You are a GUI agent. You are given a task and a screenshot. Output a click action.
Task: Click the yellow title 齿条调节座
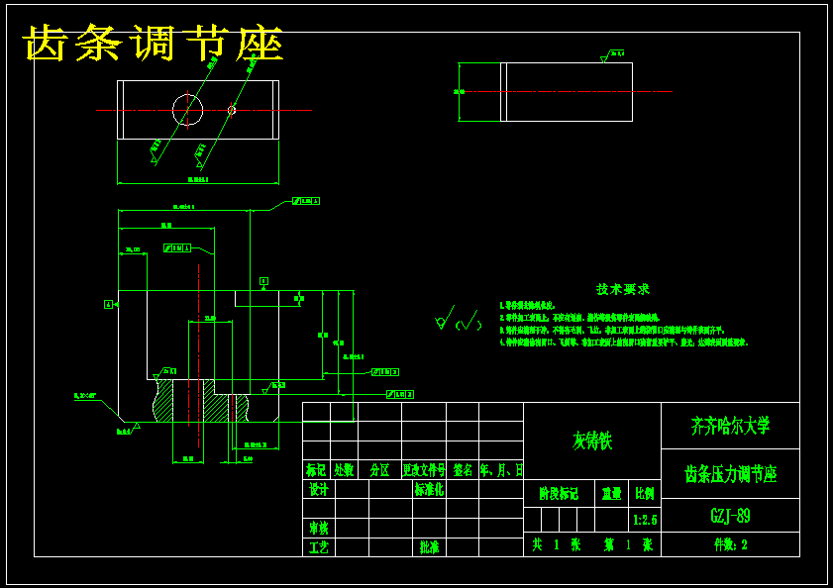tap(154, 44)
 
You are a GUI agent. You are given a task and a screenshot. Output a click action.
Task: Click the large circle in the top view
tap(187, 110)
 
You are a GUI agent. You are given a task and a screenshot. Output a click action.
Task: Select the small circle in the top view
tap(232, 110)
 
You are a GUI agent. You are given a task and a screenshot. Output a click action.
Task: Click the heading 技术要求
tap(622, 289)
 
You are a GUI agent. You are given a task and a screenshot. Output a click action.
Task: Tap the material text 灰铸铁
tap(592, 441)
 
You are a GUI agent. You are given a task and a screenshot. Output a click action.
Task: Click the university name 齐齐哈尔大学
tap(730, 426)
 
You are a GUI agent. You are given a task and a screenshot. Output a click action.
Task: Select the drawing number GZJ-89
tap(730, 516)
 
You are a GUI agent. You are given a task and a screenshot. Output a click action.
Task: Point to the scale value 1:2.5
tap(644, 519)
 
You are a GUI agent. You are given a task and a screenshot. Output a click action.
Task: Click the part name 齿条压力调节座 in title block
tap(730, 474)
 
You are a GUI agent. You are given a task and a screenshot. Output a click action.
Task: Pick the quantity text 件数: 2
tap(730, 544)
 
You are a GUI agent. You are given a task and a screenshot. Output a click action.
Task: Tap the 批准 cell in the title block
tap(429, 546)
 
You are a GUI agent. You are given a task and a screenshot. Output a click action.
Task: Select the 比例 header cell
tap(644, 493)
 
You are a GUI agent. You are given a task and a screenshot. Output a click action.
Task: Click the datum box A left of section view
tap(107, 304)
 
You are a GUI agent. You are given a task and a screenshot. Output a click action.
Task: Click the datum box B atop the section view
tap(263, 281)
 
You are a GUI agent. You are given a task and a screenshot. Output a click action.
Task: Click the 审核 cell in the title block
tap(318, 528)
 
